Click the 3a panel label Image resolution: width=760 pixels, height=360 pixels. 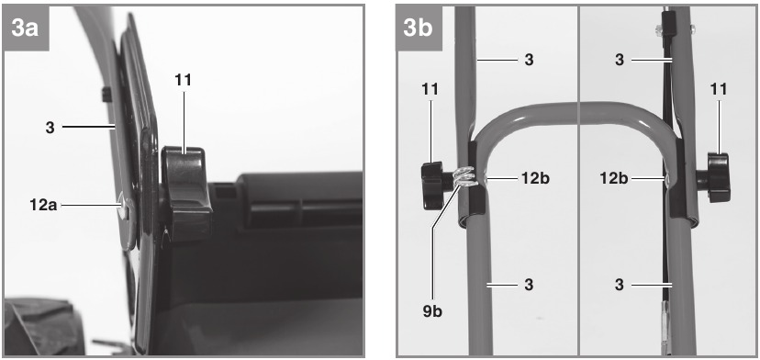[x=25, y=28]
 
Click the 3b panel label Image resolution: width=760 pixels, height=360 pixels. [x=418, y=28]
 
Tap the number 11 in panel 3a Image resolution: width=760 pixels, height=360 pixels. [x=183, y=80]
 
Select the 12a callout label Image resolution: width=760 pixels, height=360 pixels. [x=43, y=205]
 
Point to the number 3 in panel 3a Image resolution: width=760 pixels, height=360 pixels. [x=50, y=128]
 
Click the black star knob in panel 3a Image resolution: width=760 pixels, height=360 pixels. [x=186, y=193]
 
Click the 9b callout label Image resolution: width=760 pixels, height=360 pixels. [x=432, y=311]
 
